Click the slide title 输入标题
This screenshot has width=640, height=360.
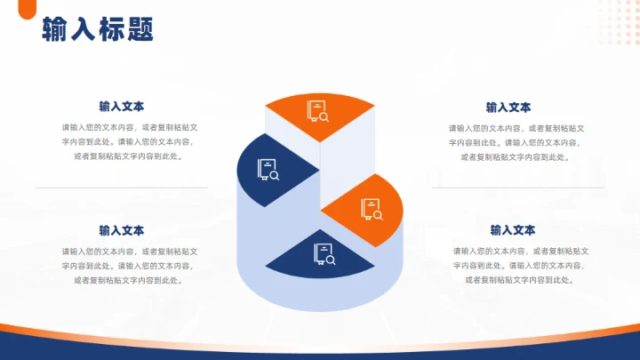click(x=98, y=30)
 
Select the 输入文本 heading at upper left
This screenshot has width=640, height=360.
click(x=122, y=106)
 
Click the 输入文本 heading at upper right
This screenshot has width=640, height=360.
click(x=508, y=108)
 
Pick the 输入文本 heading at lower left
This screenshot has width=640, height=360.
click(x=122, y=230)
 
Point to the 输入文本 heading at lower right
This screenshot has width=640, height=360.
click(x=513, y=230)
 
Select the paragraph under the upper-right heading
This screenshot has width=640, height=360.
click(x=516, y=143)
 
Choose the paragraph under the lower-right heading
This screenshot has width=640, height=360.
click(x=521, y=266)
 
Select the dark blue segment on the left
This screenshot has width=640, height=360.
click(x=271, y=169)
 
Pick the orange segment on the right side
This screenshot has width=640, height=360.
click(x=368, y=210)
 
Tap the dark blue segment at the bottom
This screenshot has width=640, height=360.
click(x=321, y=257)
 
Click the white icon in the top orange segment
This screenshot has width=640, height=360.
click(x=318, y=111)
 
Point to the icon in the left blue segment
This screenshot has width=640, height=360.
click(x=268, y=169)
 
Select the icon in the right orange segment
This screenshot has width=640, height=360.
click(x=372, y=209)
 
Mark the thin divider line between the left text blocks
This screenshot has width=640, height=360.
click(x=122, y=188)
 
